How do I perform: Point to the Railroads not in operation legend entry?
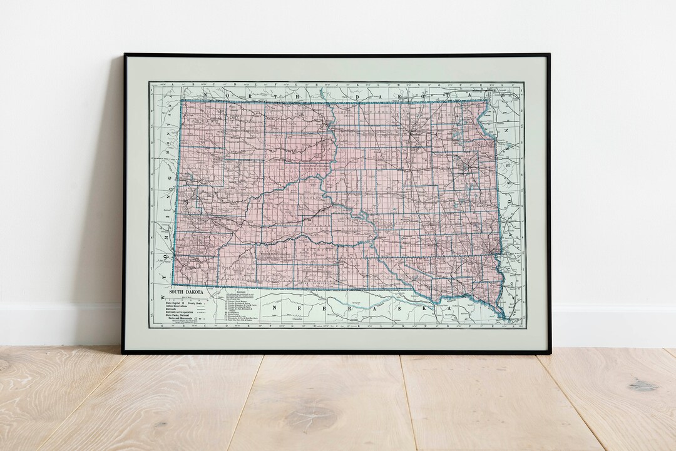(181, 313)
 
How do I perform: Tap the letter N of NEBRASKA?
(274, 308)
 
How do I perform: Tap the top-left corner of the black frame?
(125, 55)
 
